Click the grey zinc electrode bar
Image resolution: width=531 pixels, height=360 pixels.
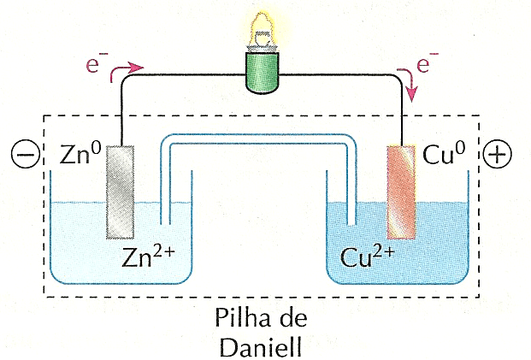(121, 192)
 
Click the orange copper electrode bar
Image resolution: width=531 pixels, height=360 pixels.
(401, 192)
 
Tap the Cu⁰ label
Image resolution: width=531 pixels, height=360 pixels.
(443, 155)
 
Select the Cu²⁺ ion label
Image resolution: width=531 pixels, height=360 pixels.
(366, 256)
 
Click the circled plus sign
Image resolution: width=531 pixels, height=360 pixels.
(498, 154)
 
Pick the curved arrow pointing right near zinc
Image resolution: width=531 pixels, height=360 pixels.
(131, 65)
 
